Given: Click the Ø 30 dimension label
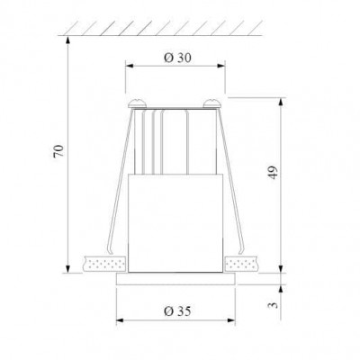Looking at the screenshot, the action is coord(177,58).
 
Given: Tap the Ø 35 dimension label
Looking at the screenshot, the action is coord(177,311).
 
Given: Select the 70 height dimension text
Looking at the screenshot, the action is coord(58,151).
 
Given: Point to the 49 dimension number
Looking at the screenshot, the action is coord(273,172).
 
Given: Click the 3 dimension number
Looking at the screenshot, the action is coord(274,305).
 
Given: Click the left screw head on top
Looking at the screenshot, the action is coord(137,103).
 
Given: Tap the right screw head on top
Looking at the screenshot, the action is coord(212,103).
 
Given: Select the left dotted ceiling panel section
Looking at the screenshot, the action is coord(105,264).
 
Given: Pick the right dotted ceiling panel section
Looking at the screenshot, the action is coord(242,264).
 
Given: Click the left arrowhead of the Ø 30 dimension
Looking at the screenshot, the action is coord(129,66).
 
